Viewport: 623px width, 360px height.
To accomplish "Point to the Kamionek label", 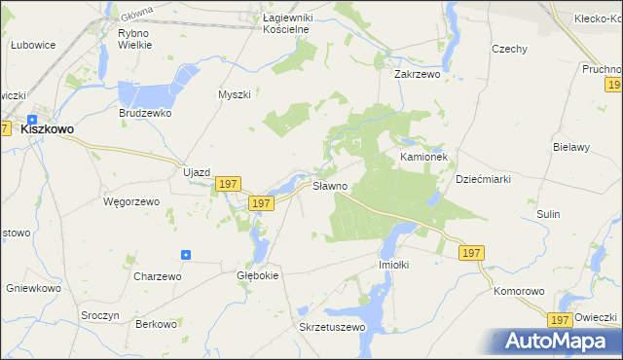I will coord(422,156).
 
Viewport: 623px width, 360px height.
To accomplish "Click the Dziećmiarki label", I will coord(483,179).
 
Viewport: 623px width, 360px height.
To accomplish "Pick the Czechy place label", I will coord(509,50).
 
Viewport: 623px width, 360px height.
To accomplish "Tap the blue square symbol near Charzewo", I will coord(186,255).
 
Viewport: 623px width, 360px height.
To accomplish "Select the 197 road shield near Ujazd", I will coord(228,184).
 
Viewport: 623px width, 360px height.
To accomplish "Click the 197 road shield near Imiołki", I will coord(470,253).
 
